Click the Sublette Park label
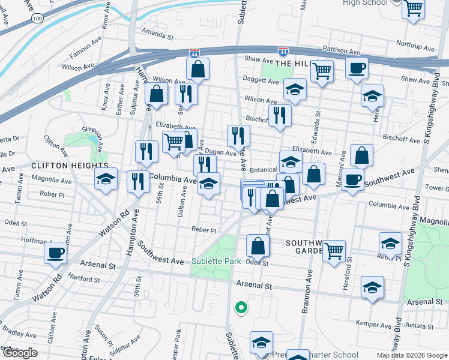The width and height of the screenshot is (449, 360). tap(216, 262)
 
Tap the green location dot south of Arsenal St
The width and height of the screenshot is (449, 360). tap(241, 308)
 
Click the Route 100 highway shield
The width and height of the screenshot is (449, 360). tap(37, 19)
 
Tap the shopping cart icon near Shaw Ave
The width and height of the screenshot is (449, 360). tap(322, 71)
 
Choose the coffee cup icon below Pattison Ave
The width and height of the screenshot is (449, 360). tap(357, 68)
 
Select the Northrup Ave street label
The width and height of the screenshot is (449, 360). tap(415, 46)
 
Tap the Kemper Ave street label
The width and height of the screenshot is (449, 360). tap(369, 323)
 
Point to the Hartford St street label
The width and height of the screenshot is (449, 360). tap(84, 279)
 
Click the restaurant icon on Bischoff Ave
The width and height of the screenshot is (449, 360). tap(279, 115)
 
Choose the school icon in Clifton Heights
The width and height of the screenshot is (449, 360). tap(106, 178)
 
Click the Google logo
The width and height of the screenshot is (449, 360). tap(20, 353)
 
